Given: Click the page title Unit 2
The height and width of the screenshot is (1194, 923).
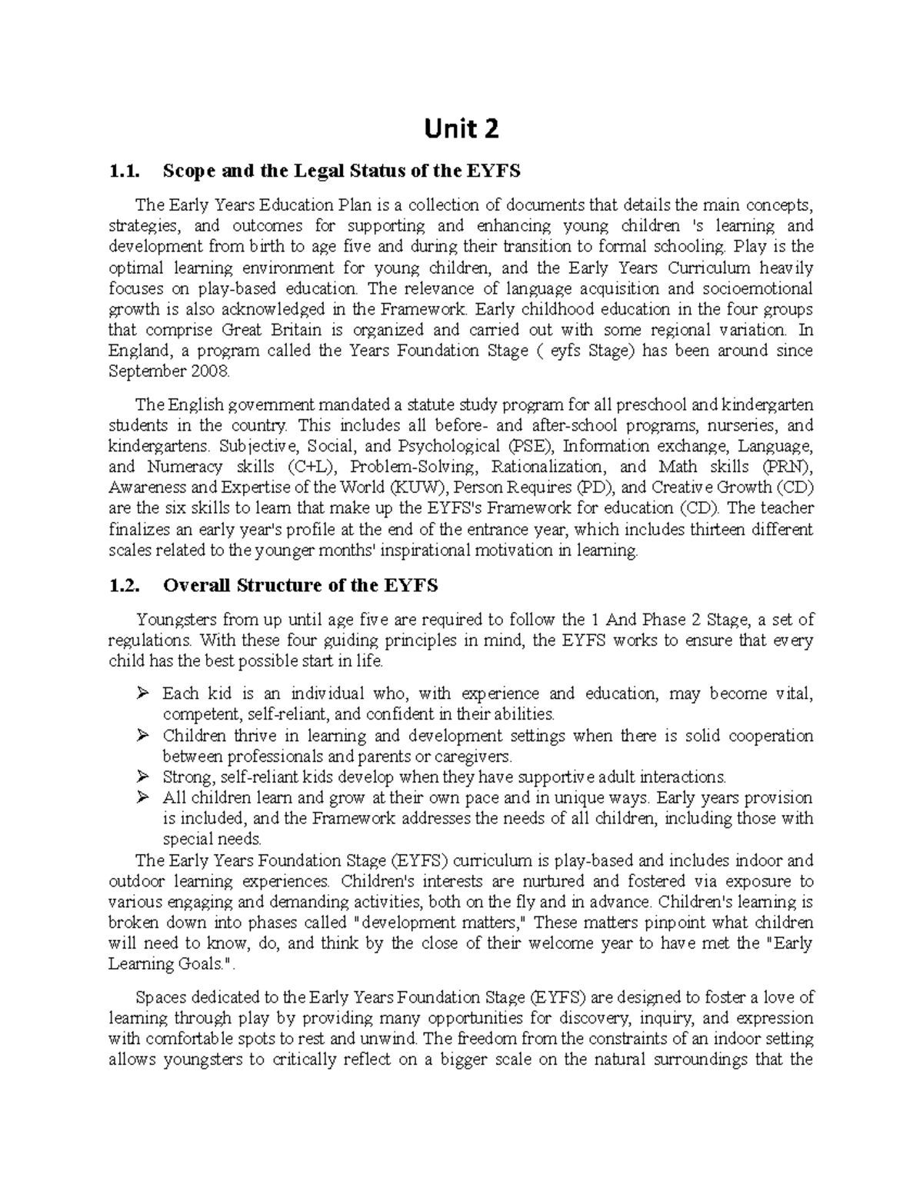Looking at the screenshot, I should click(x=461, y=128).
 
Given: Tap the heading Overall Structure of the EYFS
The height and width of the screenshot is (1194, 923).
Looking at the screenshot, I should click(x=300, y=586).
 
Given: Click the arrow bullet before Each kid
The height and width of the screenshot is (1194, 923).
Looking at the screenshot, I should click(x=142, y=693).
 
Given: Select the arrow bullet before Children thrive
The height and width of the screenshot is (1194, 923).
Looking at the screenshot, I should click(x=142, y=736).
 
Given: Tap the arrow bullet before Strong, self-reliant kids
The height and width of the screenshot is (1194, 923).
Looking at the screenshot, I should click(x=142, y=777).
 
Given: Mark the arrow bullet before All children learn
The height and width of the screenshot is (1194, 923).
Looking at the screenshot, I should click(x=142, y=797).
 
